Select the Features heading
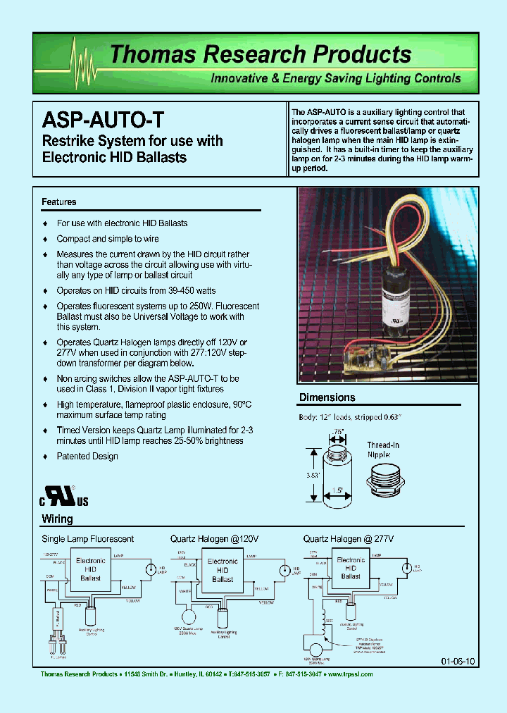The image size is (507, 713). pos(58,202)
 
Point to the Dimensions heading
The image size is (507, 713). pos(327,397)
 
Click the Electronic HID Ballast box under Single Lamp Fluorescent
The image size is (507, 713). pos(90,569)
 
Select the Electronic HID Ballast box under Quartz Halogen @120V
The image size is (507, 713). pos(223,570)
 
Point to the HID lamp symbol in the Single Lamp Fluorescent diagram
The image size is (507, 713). pos(149,569)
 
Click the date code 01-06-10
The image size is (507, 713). pos(458,662)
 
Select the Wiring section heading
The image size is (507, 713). pos(57,519)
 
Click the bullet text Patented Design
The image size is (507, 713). pos(87,457)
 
